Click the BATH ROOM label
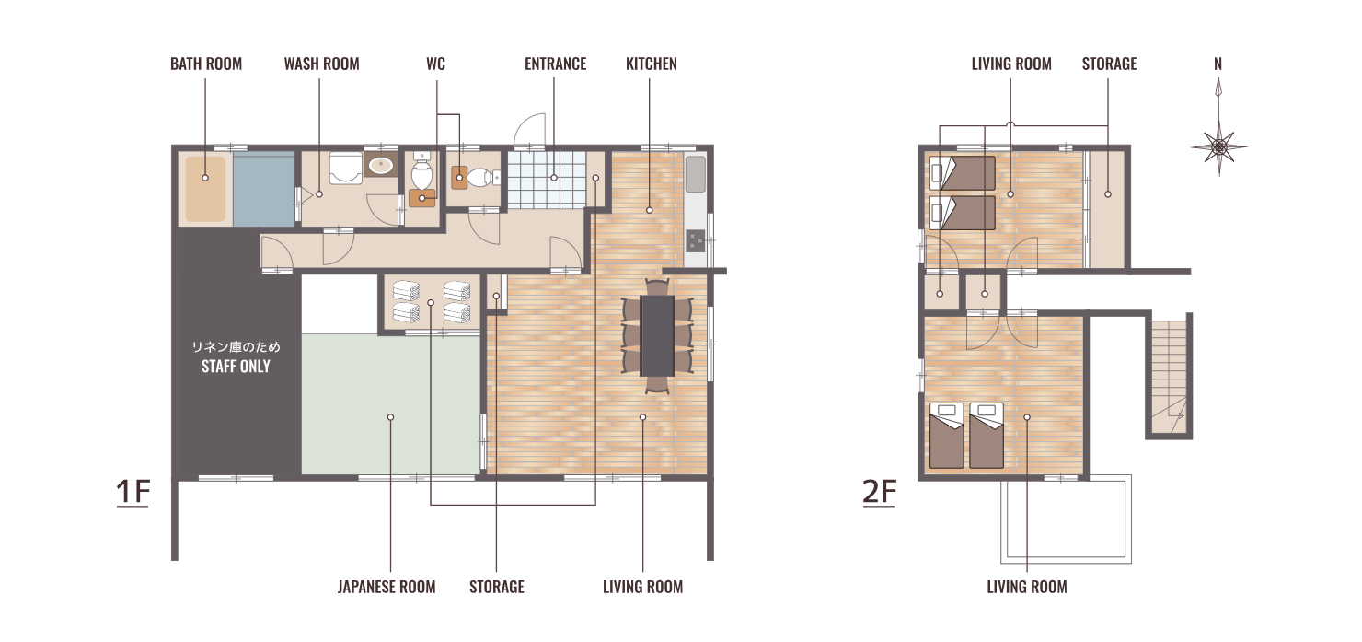tap(206, 64)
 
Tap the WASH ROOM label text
tap(322, 64)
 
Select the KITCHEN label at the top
tap(652, 64)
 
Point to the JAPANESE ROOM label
tap(387, 587)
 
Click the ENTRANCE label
tap(556, 64)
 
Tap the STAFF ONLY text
tap(236, 367)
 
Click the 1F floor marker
tap(133, 492)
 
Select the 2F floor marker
tap(879, 492)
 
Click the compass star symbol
tap(1219, 147)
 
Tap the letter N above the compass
tap(1218, 64)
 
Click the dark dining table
tap(657, 335)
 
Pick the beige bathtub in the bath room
tap(205, 189)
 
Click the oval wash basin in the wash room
tap(381, 165)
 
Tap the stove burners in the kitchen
tap(695, 240)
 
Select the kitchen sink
tap(695, 174)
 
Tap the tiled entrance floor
tap(547, 180)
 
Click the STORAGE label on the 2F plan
tap(1109, 64)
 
